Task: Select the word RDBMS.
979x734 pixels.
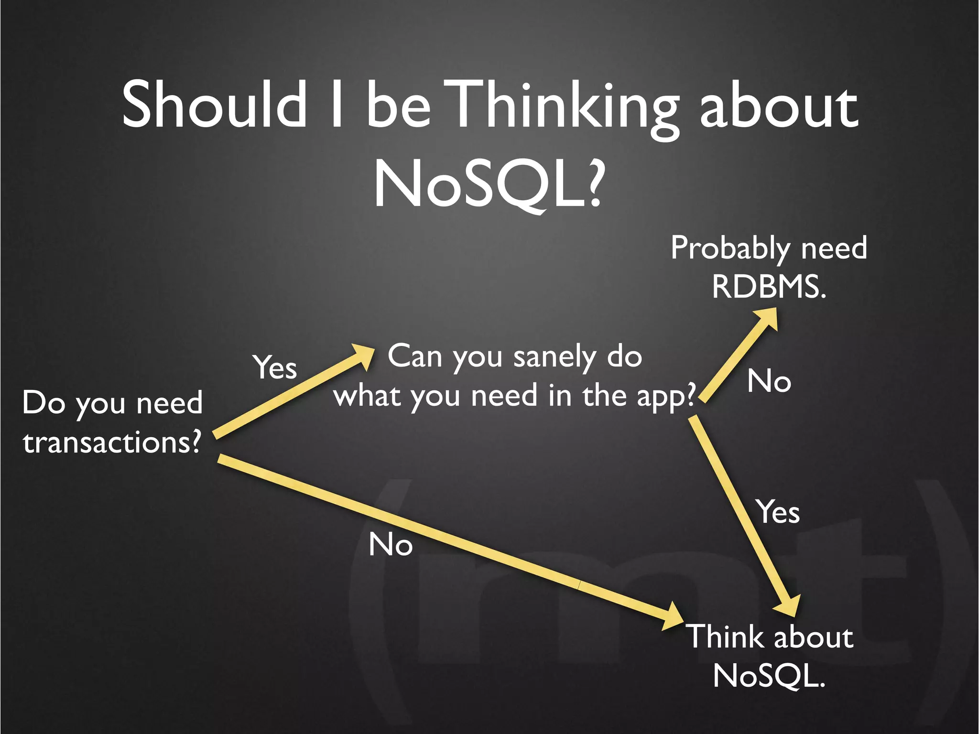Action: [769, 287]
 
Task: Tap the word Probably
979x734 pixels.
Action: [730, 248]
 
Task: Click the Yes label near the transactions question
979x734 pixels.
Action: [275, 367]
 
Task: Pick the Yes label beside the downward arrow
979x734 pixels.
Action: [778, 512]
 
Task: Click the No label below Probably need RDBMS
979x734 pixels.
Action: [769, 381]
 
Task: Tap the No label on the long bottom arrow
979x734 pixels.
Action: [391, 544]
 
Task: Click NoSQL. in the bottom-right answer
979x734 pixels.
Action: [769, 676]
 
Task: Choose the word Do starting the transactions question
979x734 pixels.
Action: [44, 403]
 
